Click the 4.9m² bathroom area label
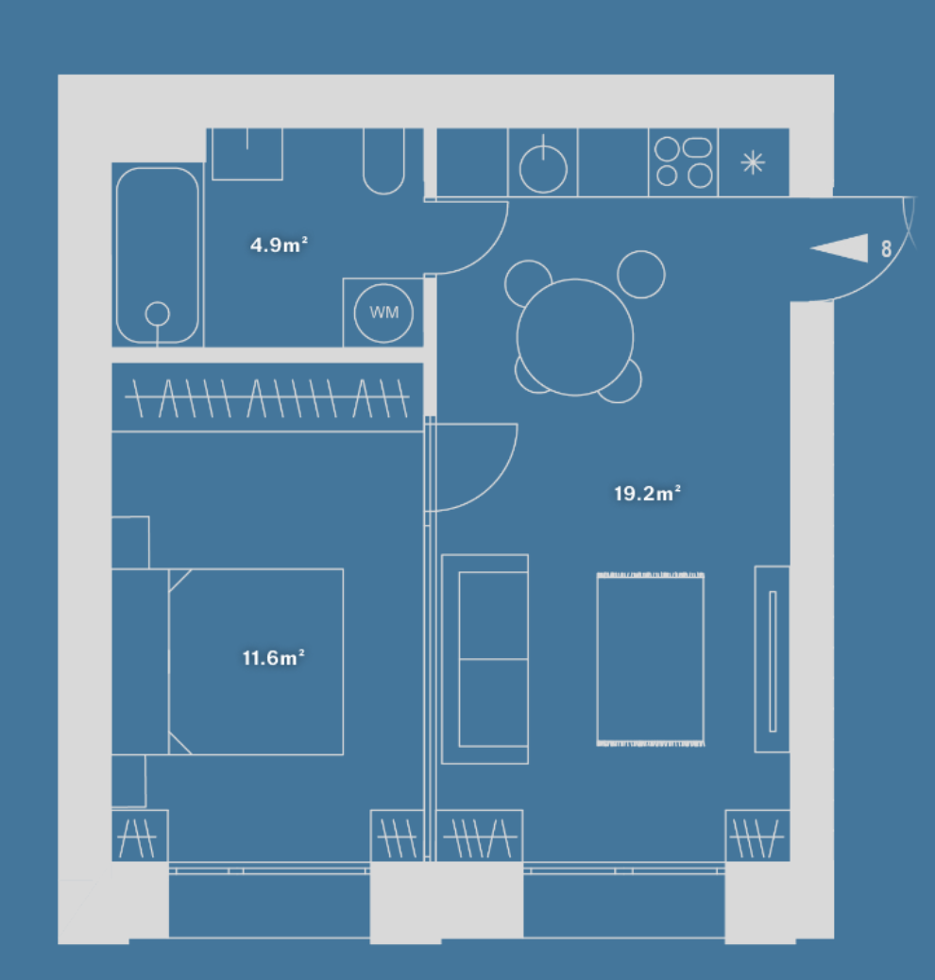pos(279,245)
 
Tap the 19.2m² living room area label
pos(647,493)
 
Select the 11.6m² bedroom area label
pos(273,657)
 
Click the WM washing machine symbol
pos(383,313)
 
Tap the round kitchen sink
pos(543,168)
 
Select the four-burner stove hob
pos(683,161)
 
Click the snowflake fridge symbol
pos(753,162)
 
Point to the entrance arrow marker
pos(840,248)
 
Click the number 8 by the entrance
pos(886,248)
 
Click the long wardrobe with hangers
pos(267,397)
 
